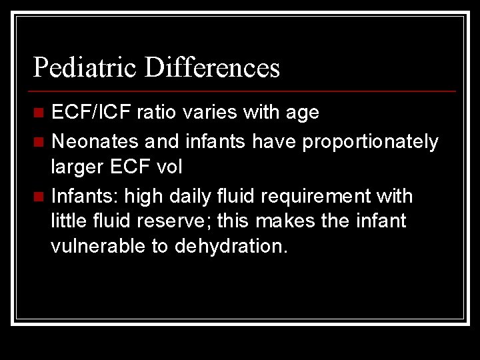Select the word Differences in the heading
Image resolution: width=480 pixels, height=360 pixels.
coord(212,68)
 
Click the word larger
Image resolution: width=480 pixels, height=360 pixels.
coord(77,167)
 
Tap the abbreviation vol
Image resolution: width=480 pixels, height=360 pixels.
coord(168,167)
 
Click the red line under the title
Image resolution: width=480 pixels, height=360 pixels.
coord(244,91)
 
